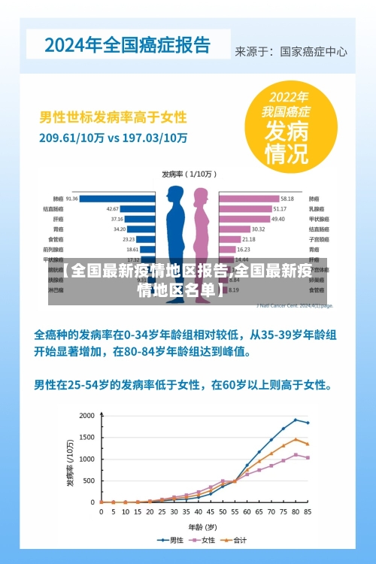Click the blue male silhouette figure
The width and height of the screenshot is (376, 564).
point(175,233)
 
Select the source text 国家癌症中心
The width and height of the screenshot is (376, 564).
point(314,52)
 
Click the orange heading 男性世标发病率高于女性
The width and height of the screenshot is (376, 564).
point(113,118)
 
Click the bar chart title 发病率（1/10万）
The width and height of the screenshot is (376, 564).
point(188,174)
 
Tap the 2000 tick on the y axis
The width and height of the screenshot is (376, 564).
point(87,416)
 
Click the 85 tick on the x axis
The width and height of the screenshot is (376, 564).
point(308,511)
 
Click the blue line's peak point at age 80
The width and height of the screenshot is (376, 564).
point(296,420)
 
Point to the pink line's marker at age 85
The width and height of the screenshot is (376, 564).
point(308,458)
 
